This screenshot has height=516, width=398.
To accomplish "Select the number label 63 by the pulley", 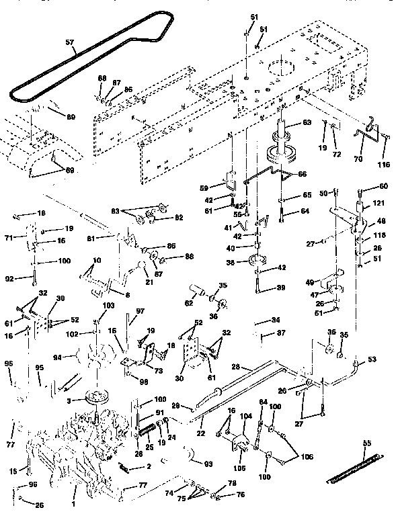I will (x=307, y=122).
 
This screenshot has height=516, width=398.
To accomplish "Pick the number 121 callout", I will (x=360, y=204).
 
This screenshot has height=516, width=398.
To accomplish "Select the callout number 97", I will (x=141, y=310).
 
